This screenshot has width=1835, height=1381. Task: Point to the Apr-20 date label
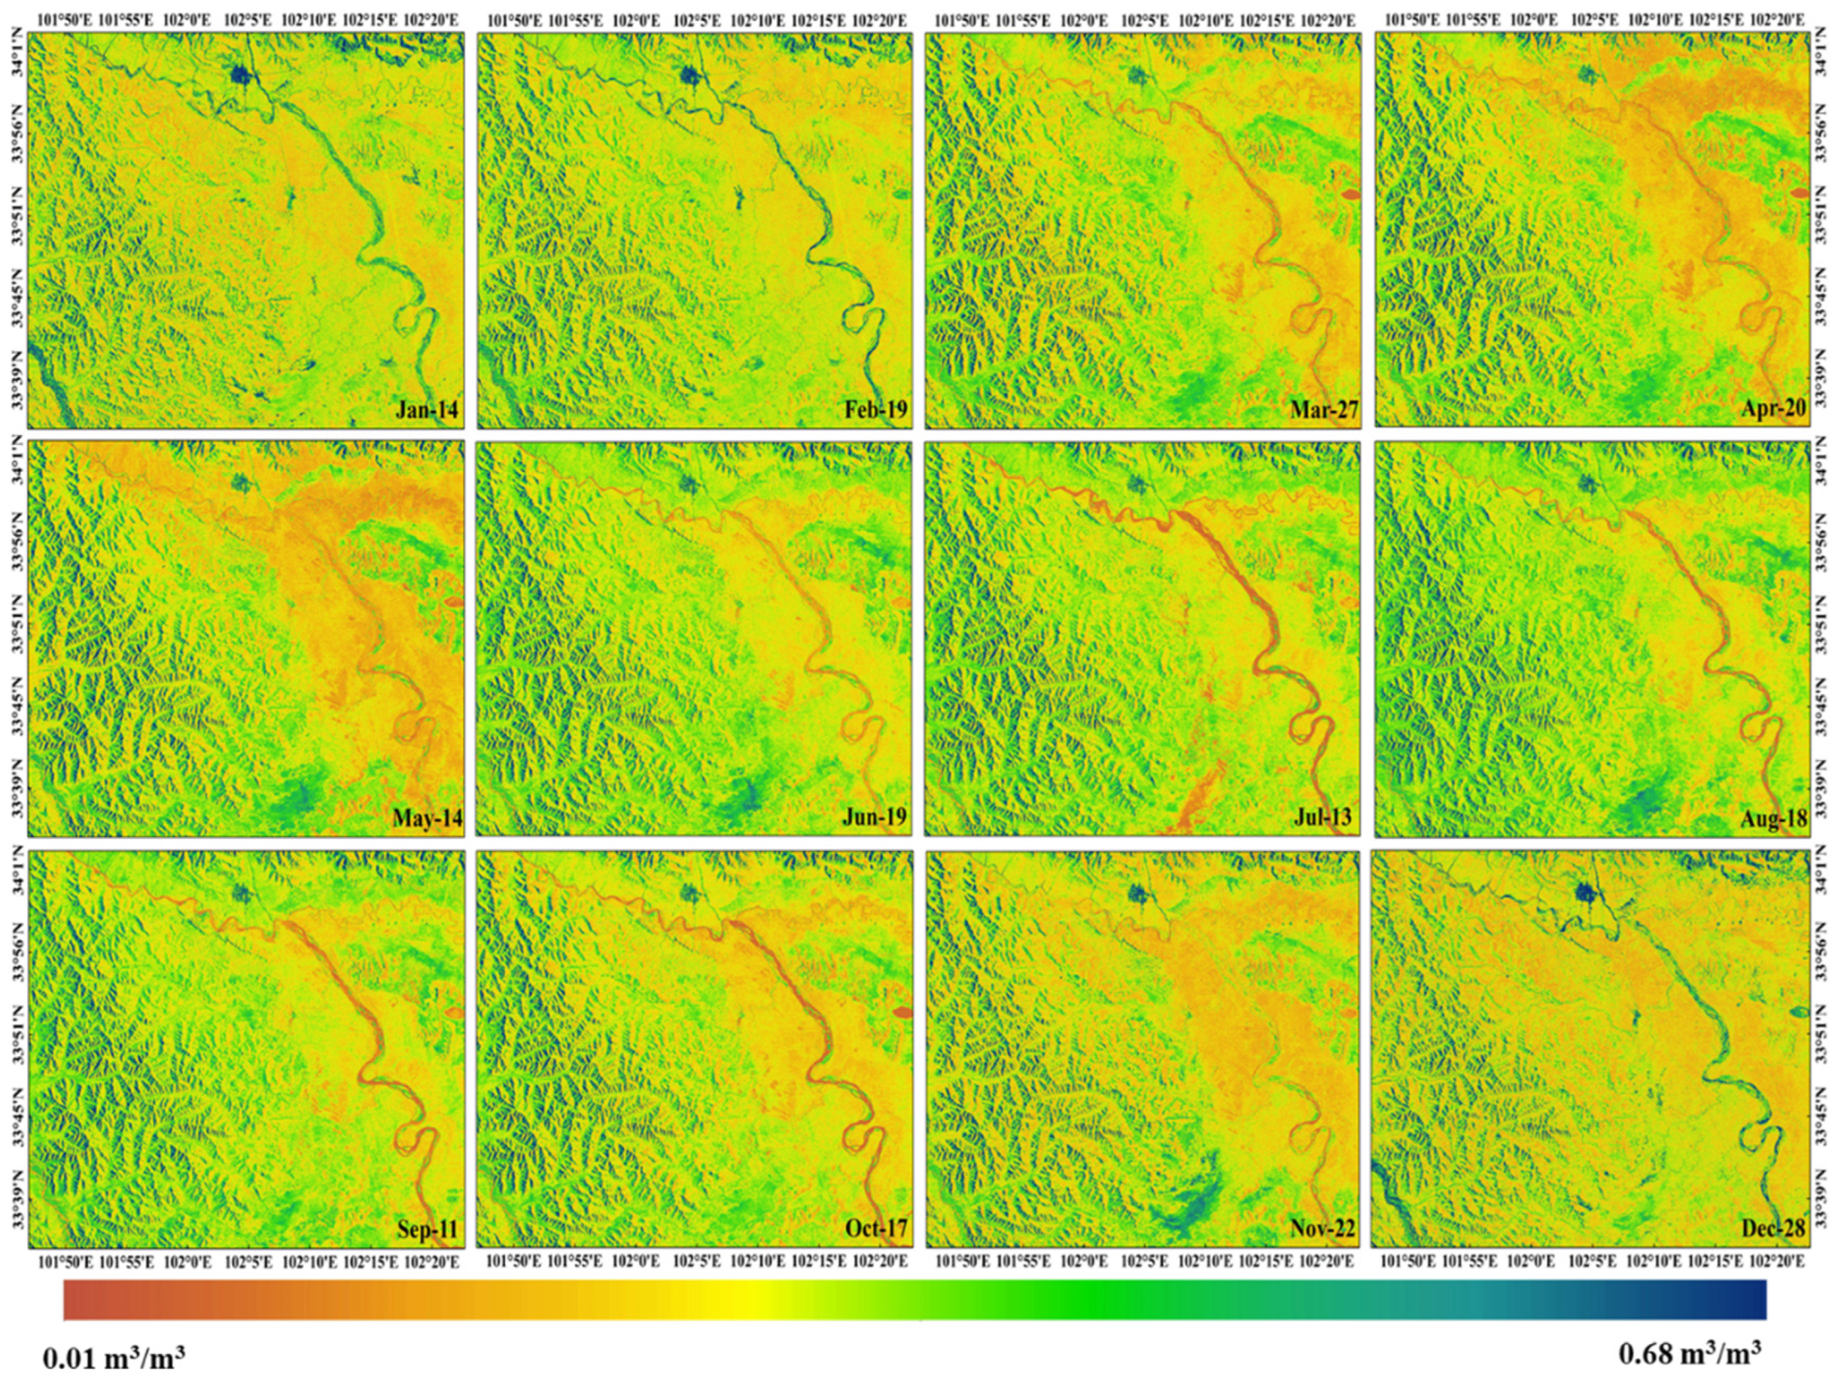click(x=1773, y=409)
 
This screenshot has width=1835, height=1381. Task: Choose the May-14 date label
click(x=428, y=819)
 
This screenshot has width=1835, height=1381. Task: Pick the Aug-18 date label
click(x=1773, y=819)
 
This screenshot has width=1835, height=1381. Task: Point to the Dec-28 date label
click(x=1773, y=1228)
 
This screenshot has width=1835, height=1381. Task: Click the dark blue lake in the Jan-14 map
click(x=241, y=75)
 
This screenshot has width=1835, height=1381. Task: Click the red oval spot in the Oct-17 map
click(x=902, y=1012)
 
